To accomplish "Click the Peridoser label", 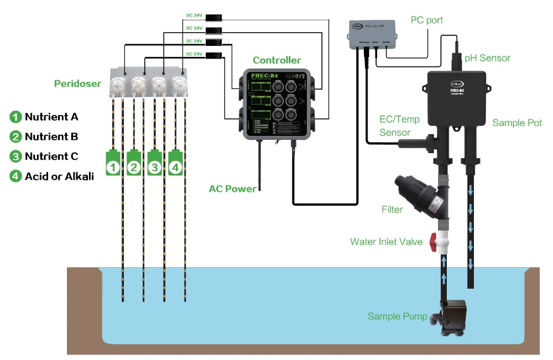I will [77, 84].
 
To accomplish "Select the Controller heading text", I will [276, 60].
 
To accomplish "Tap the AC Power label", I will [232, 189].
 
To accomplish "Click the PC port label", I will [426, 20].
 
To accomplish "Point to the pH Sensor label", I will [487, 58].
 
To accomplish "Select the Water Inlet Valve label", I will [386, 242].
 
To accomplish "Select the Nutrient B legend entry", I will [51, 137].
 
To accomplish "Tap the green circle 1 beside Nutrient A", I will [15, 117].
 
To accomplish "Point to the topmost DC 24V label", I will [194, 15].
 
